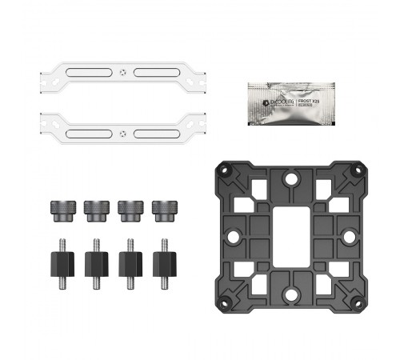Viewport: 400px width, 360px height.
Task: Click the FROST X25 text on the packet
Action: (309, 103)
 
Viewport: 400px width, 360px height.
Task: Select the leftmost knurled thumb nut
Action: (61, 210)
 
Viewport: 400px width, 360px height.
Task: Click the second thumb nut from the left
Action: (95, 210)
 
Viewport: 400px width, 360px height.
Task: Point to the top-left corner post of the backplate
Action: (223, 170)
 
